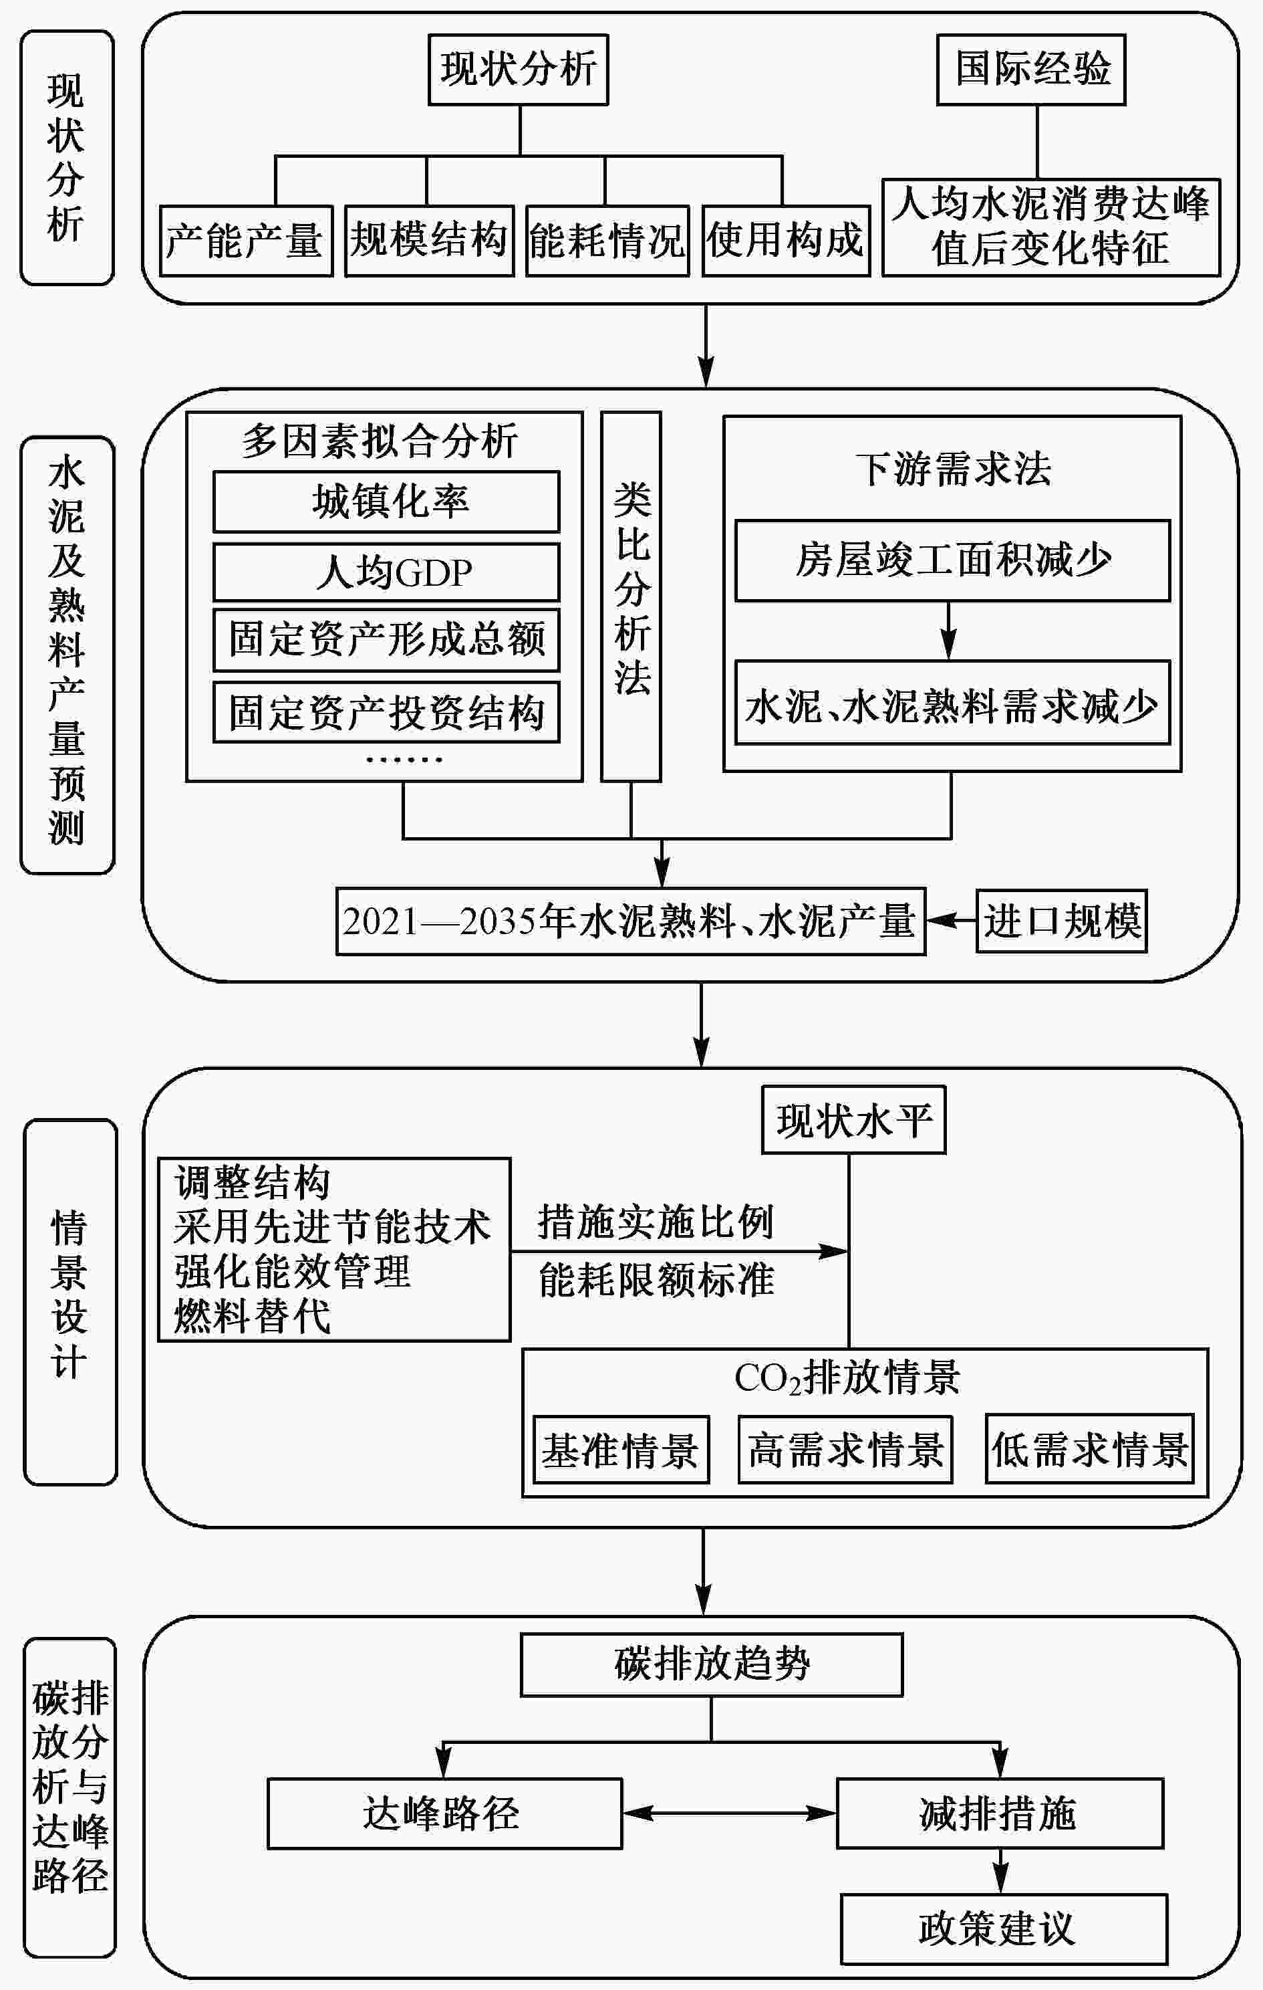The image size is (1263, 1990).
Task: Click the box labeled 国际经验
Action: [x=1031, y=70]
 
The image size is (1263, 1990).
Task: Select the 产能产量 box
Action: [x=245, y=241]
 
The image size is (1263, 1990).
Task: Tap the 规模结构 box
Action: [x=430, y=241]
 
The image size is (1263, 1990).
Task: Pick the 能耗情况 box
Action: [x=607, y=241]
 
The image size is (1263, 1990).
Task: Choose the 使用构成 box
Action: [x=786, y=241]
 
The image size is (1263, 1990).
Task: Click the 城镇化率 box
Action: [x=386, y=502]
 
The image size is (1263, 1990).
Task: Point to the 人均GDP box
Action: [x=386, y=572]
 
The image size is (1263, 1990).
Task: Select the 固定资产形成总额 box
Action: [x=386, y=640]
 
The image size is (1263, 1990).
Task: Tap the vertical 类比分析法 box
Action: [x=631, y=596]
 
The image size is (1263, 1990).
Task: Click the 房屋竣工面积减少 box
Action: [x=952, y=560]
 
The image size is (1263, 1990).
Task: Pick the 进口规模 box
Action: [x=1061, y=921]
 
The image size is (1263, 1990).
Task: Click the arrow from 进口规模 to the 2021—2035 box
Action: [x=951, y=920]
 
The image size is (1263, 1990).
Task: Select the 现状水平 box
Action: [x=853, y=1120]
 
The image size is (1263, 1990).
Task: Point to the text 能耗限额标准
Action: [x=657, y=1280]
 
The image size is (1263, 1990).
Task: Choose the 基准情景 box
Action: [x=620, y=1450]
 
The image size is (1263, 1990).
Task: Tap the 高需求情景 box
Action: [x=845, y=1450]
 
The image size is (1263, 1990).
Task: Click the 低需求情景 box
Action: [x=1089, y=1450]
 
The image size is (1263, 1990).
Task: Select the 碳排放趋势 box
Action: [x=711, y=1665]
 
